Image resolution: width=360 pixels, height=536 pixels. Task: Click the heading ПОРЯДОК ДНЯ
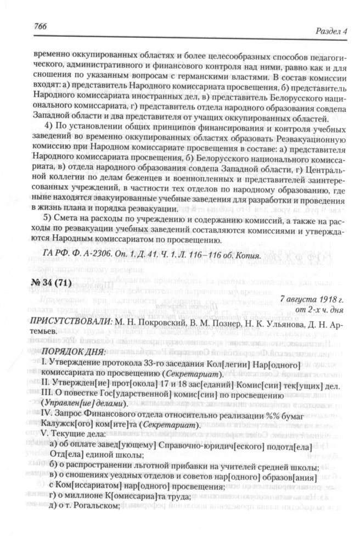pos(76,351)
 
